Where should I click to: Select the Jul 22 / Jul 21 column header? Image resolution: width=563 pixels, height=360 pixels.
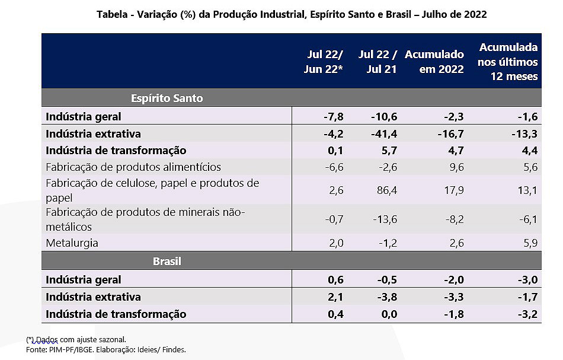pyautogui.click(x=378, y=61)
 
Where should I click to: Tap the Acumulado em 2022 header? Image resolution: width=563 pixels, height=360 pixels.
pyautogui.click(x=434, y=61)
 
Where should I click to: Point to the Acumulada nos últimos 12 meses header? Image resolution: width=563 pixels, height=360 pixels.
pyautogui.click(x=508, y=61)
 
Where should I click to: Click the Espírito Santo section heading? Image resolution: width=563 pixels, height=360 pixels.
pyautogui.click(x=167, y=98)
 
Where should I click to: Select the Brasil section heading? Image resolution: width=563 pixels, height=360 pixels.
pyautogui.click(x=167, y=261)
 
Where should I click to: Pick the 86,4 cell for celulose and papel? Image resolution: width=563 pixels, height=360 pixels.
pyautogui.click(x=385, y=190)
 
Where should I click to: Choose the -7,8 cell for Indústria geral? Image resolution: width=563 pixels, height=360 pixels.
pyautogui.click(x=331, y=116)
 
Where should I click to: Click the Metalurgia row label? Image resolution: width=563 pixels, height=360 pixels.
pyautogui.click(x=72, y=243)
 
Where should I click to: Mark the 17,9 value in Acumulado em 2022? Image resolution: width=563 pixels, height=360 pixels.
pyautogui.click(x=452, y=190)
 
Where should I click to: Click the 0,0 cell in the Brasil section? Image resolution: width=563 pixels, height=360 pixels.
pyautogui.click(x=388, y=314)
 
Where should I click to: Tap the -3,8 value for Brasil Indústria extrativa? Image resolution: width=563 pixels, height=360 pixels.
pyautogui.click(x=385, y=297)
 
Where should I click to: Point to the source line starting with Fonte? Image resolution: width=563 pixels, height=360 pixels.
pyautogui.click(x=105, y=350)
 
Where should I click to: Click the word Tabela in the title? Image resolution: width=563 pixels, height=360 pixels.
pyautogui.click(x=111, y=14)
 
